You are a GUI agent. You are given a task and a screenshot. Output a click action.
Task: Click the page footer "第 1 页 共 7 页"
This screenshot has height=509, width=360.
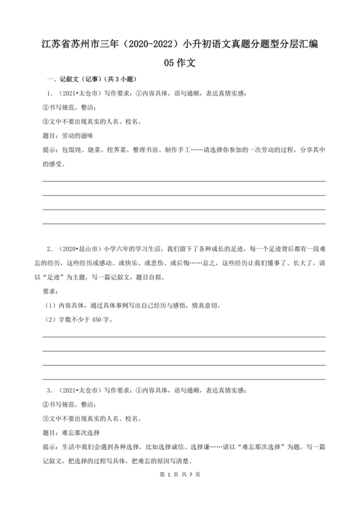coord(179,492)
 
